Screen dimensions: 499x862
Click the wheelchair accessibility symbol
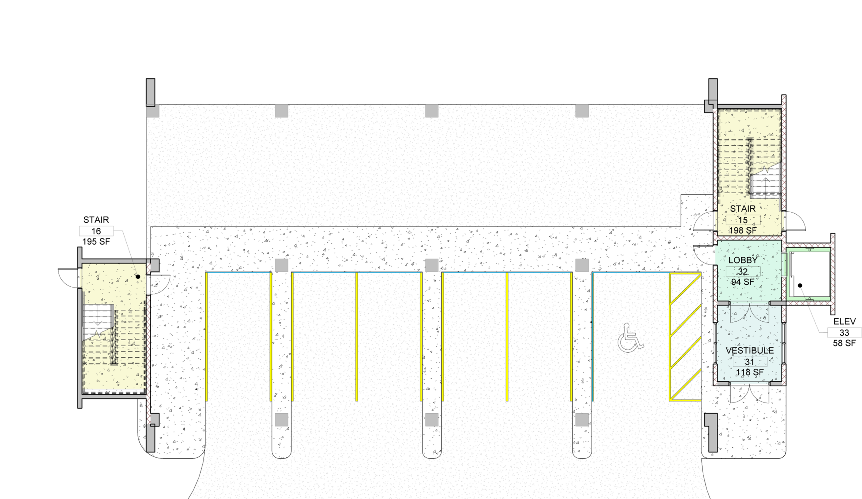click(630, 338)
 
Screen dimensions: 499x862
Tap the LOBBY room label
click(742, 260)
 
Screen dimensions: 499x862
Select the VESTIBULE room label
click(750, 350)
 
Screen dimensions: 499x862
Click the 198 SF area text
click(742, 231)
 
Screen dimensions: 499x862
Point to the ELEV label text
click(844, 321)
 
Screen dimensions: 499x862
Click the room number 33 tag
click(844, 332)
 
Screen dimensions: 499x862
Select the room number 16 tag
click(96, 231)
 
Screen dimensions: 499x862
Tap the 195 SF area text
click(96, 242)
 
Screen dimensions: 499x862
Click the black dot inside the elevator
click(800, 285)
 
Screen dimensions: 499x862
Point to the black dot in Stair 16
click(138, 277)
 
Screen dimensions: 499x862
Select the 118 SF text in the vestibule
click(750, 372)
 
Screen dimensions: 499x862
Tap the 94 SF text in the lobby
click(742, 282)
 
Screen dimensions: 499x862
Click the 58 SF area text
click(844, 343)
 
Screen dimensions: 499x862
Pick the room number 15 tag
click(742, 220)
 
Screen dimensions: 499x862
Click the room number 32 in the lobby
click(742, 272)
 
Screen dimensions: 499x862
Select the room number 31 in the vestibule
click(750, 362)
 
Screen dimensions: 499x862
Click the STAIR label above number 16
click(96, 220)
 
